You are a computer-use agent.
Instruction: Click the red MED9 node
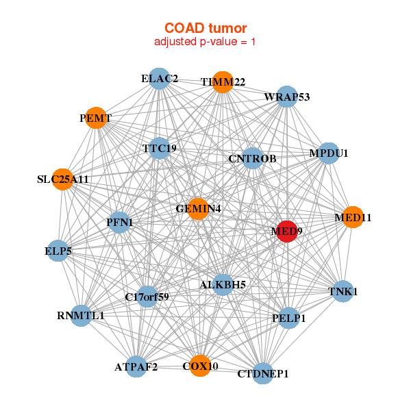point(287,232)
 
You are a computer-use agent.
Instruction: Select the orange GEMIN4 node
point(198,209)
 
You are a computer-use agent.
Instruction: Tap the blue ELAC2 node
point(159,79)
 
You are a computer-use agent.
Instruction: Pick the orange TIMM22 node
point(223,82)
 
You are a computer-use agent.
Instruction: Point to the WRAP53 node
point(287,97)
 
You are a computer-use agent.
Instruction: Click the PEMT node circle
point(96,118)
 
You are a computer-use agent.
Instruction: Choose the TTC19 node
point(159,149)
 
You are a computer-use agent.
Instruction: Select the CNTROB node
point(252,158)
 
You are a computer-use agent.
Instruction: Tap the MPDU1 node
point(328,153)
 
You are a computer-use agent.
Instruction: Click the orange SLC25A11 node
point(62,179)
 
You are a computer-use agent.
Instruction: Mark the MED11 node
point(353,217)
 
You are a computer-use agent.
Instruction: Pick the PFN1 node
point(119,223)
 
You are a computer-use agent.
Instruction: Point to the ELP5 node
point(58,251)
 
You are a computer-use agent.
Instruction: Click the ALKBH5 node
point(223,285)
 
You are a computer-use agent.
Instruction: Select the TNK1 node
point(343,292)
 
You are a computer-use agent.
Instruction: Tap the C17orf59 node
point(147,297)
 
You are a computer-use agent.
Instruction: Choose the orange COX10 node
point(200,366)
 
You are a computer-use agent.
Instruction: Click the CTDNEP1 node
point(262,373)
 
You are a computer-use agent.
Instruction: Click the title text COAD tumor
point(206,28)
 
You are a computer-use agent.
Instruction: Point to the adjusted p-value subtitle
point(205,42)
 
